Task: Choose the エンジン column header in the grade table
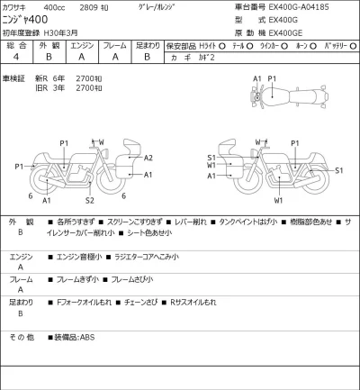[82, 45]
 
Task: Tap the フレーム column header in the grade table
[114, 45]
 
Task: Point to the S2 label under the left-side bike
[90, 199]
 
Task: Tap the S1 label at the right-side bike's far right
[337, 169]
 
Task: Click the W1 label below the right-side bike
[279, 200]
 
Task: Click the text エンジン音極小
[80, 257]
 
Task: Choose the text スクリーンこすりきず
[135, 221]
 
